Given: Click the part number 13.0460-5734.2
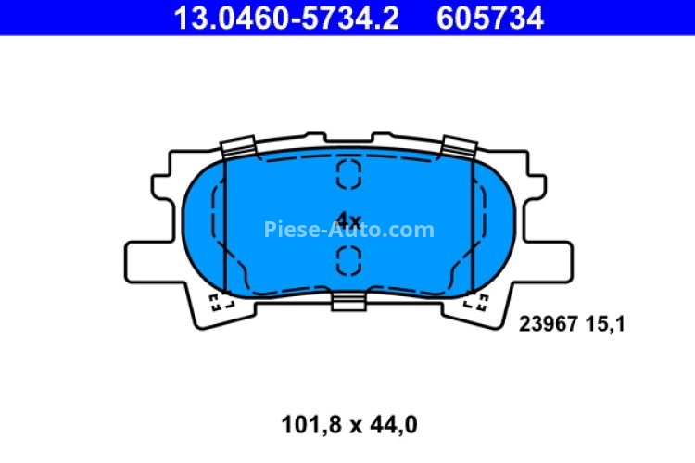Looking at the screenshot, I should (x=282, y=18).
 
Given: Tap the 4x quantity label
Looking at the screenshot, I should (x=347, y=220).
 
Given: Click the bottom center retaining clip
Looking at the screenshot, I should (x=348, y=301).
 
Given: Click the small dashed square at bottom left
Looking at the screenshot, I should (x=219, y=302).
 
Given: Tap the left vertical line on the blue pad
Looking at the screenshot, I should (x=227, y=222).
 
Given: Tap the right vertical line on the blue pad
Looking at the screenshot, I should (x=472, y=222).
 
